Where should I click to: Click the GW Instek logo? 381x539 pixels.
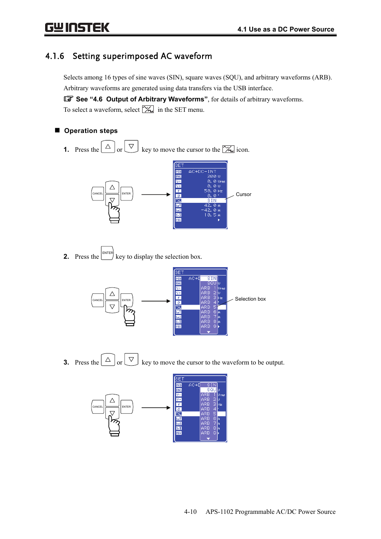77,28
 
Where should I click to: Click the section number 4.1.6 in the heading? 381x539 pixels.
55,56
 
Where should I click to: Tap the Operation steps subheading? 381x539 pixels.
91,131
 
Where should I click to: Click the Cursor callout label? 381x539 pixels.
243,194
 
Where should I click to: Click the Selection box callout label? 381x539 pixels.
250,299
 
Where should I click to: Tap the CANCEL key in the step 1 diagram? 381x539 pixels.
98,194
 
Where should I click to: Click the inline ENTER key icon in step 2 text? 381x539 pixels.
107,253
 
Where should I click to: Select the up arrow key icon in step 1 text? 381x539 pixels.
108,147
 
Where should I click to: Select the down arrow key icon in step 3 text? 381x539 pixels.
131,360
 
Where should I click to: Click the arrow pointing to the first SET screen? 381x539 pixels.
156,194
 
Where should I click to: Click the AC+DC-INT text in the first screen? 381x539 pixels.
202,172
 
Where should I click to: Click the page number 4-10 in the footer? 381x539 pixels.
190,512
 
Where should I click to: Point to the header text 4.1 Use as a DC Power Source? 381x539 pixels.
286,29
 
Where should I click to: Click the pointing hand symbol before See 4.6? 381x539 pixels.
69,99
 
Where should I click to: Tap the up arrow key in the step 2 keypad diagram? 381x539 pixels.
112,294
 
